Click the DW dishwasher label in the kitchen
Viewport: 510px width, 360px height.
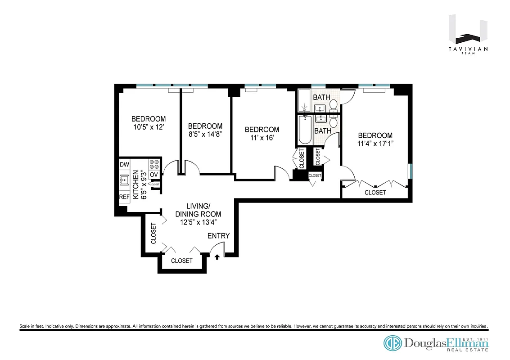pyautogui.click(x=124, y=165)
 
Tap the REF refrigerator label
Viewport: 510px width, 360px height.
pyautogui.click(x=124, y=197)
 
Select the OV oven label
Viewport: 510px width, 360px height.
pyautogui.click(x=154, y=175)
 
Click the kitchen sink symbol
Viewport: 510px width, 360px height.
pyautogui.click(x=124, y=181)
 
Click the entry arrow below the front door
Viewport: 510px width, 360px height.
pyautogui.click(x=218, y=256)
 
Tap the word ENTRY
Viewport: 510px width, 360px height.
pyautogui.click(x=218, y=236)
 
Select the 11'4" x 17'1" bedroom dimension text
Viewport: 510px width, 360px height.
pyautogui.click(x=375, y=144)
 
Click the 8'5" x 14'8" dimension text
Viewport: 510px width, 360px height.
pyautogui.click(x=205, y=134)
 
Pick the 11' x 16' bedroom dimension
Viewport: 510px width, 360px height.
pyautogui.click(x=262, y=138)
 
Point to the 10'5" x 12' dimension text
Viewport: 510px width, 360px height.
pyautogui.click(x=148, y=127)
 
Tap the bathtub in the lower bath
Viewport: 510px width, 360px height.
pyautogui.click(x=306, y=130)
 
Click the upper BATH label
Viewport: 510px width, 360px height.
pyautogui.click(x=321, y=97)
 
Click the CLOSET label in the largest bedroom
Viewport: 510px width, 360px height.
pyautogui.click(x=375, y=192)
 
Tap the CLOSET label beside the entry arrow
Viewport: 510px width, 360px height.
pyautogui.click(x=182, y=261)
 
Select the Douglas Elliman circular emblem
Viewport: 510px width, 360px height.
pyautogui.click(x=392, y=343)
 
